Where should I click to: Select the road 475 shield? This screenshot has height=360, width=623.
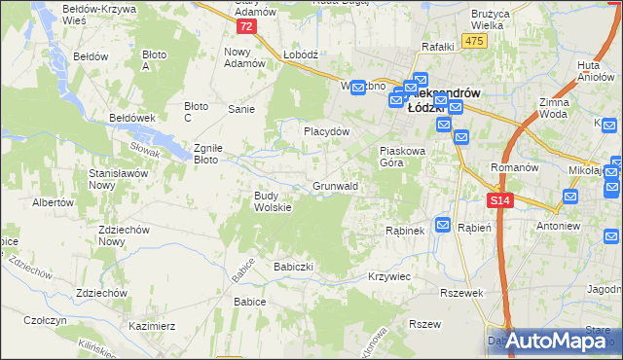tap(474, 39)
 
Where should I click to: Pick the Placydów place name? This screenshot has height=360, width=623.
tap(325, 130)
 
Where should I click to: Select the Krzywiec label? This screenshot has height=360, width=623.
tap(388, 276)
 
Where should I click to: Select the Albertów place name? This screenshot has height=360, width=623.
tap(54, 202)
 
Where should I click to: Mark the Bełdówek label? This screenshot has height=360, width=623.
tap(133, 117)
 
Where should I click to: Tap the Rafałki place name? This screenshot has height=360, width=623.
tap(439, 46)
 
